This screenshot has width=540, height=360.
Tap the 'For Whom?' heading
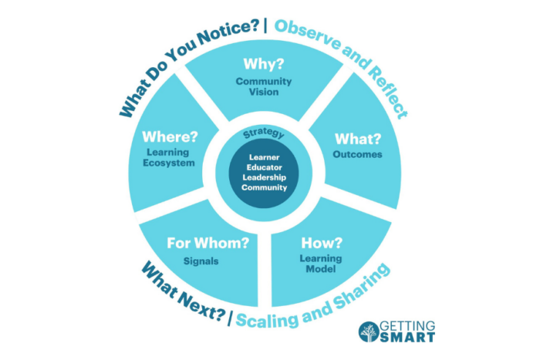coord(208,244)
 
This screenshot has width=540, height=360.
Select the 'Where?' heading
coord(170,137)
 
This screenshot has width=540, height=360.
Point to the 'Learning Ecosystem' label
coord(170,156)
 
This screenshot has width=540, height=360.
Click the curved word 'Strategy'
coord(263,134)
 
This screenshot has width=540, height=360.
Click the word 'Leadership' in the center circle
coord(264,177)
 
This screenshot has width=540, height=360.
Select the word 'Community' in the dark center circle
coord(264,187)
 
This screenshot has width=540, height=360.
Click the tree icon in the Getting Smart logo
coord(369,331)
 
